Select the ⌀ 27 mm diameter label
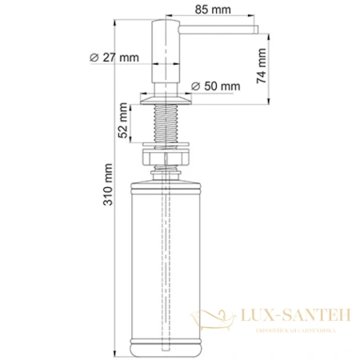[x=114, y=57]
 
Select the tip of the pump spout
[x=254, y=30]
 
